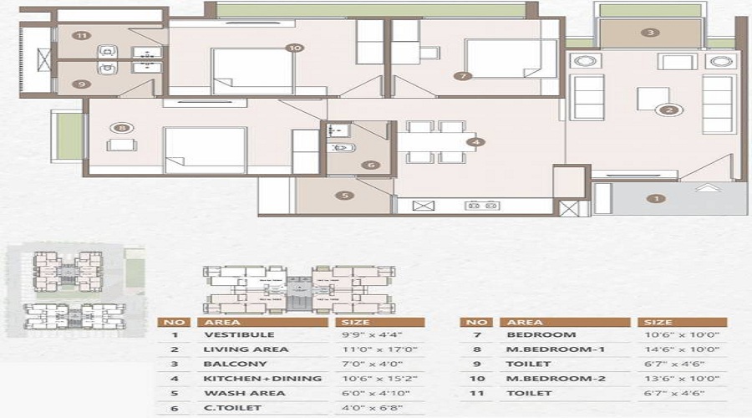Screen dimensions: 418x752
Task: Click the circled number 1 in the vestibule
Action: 657,198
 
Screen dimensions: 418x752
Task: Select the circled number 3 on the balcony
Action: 651,33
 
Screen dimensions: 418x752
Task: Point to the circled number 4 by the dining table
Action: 475,143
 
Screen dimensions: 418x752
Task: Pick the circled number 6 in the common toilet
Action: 370,165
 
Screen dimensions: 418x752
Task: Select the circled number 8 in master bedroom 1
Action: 123,128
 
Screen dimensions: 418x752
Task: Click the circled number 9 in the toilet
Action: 81,84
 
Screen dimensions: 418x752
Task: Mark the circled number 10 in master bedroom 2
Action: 292,48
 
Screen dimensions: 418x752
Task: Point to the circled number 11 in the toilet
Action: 81,36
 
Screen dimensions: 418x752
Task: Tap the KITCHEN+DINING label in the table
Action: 250,379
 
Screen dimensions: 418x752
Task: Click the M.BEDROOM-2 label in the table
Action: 545,379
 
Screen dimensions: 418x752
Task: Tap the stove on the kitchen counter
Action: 482,205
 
